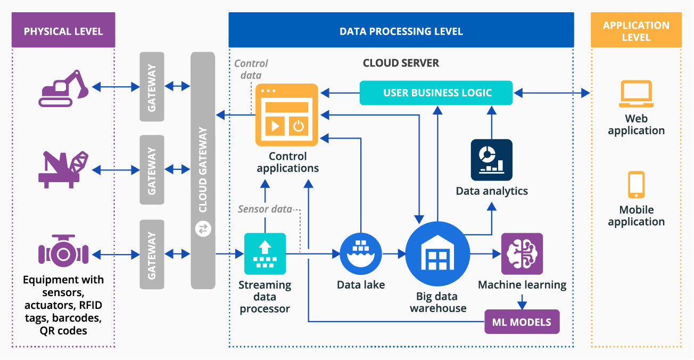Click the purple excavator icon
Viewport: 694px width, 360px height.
[x=63, y=88]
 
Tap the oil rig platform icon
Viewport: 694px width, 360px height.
[x=63, y=169]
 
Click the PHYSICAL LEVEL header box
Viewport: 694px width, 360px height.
[x=63, y=31]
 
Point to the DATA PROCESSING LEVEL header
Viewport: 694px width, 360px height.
[x=401, y=31]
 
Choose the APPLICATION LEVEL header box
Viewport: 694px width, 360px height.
[x=636, y=31]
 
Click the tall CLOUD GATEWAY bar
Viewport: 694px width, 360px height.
[x=203, y=170]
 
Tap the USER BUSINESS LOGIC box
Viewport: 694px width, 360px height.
[x=436, y=93]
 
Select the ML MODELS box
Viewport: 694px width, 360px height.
[x=522, y=322]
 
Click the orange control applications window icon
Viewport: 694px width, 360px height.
[x=286, y=114]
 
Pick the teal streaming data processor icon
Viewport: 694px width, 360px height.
[x=265, y=253]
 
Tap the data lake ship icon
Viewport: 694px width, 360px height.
[x=361, y=253]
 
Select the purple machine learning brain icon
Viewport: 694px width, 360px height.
[x=522, y=253]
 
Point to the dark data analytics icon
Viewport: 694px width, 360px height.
[x=491, y=160]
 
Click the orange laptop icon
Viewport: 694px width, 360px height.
[x=636, y=94]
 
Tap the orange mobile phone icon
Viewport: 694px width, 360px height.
[x=636, y=185]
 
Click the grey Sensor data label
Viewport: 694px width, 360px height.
[x=265, y=209]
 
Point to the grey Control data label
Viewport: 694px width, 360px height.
[x=251, y=69]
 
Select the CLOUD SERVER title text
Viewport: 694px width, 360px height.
[x=401, y=63]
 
